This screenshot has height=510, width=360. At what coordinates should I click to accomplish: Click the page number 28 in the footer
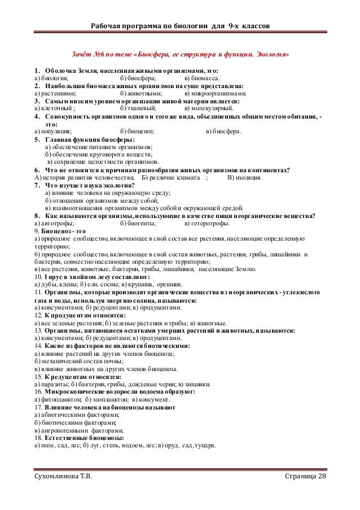pyautogui.click(x=321, y=480)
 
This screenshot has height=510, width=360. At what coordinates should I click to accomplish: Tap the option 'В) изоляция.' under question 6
pyautogui.click(x=244, y=177)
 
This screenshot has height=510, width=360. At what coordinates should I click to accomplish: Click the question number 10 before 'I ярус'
pyautogui.click(x=37, y=278)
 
